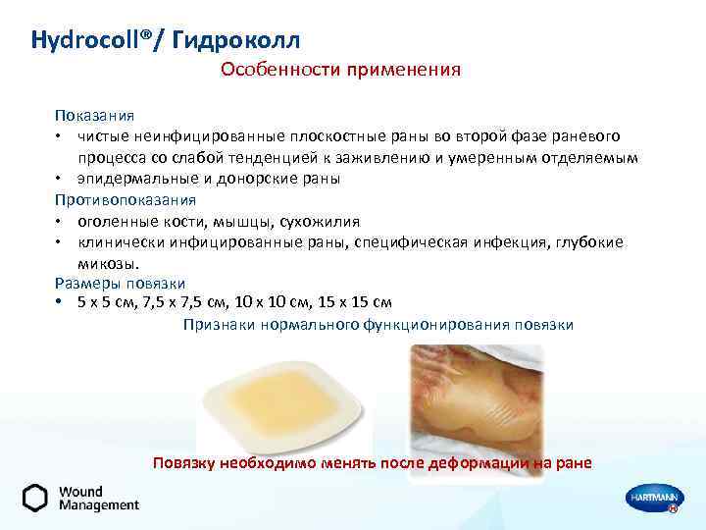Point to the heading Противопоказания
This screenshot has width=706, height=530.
pyautogui.click(x=126, y=199)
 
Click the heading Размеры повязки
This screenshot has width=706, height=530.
pyautogui.click(x=120, y=283)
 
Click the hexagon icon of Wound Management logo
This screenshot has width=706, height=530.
pyautogui.click(x=35, y=498)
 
